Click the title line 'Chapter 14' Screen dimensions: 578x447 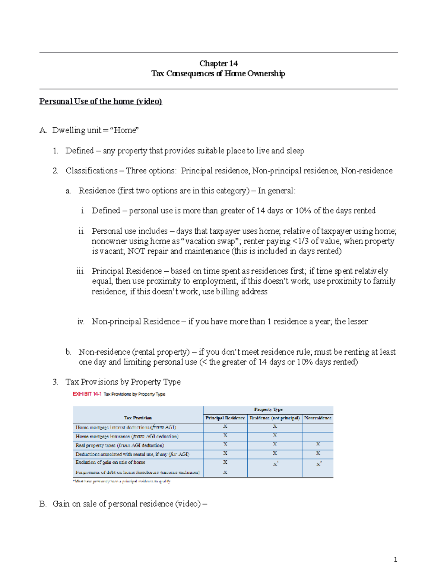pos(218,64)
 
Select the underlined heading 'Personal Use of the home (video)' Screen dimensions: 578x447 pos(101,101)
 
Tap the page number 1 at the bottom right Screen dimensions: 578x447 pos(395,559)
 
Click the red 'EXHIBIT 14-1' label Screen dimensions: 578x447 pos(87,394)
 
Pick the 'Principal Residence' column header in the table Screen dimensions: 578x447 pos(225,418)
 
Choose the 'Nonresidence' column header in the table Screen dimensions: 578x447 pos(318,418)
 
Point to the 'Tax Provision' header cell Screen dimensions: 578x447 pos(138,418)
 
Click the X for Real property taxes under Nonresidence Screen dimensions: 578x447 pos(318,444)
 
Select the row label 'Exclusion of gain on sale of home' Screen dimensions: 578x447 pos(110,462)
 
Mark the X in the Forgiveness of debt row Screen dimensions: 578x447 pos(225,472)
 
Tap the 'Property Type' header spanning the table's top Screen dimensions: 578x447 pos(268,409)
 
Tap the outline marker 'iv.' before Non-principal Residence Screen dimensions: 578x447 pos(81,322)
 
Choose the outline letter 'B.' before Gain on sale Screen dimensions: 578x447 pos(43,504)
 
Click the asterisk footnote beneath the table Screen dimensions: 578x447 pos(121,481)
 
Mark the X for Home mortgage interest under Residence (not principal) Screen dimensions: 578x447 pos(275,427)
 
